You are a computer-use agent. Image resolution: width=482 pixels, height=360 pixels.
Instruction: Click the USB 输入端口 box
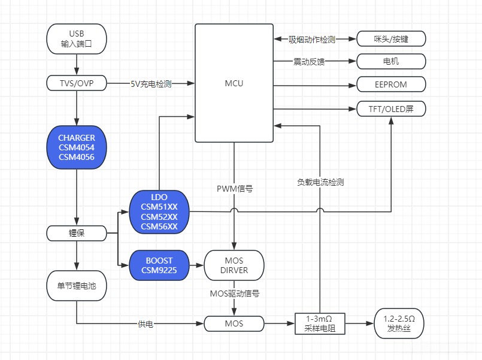pyautogui.click(x=76, y=38)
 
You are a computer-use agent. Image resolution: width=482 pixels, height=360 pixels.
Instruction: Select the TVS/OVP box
pyautogui.click(x=76, y=83)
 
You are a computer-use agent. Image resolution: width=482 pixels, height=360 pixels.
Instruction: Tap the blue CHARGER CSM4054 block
pyautogui.click(x=76, y=147)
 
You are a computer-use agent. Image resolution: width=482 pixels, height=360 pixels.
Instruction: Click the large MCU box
pyautogui.click(x=234, y=83)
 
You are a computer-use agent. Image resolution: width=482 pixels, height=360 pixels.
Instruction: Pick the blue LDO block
pyautogui.click(x=159, y=211)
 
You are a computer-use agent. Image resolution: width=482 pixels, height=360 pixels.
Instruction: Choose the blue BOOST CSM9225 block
pyautogui.click(x=159, y=265)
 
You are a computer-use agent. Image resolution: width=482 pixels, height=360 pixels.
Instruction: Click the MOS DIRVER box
pyautogui.click(x=234, y=265)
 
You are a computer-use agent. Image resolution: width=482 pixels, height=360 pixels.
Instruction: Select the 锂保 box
pyautogui.click(x=76, y=233)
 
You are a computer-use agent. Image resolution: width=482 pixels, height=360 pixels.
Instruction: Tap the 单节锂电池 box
pyautogui.click(x=76, y=286)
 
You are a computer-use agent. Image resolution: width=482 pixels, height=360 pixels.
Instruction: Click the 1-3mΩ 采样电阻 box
pyautogui.click(x=320, y=324)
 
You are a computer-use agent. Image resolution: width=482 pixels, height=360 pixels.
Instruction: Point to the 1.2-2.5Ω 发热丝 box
pyautogui.click(x=399, y=324)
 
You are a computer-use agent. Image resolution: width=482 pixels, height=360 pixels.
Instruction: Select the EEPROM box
pyautogui.click(x=391, y=84)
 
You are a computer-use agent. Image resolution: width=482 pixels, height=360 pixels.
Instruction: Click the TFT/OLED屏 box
pyautogui.click(x=391, y=109)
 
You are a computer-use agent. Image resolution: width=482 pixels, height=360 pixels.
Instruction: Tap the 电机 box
pyautogui.click(x=391, y=61)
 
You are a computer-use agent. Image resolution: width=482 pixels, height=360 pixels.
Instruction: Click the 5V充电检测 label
pyautogui.click(x=150, y=84)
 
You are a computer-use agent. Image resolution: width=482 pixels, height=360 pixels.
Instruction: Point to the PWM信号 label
pyautogui.click(x=234, y=188)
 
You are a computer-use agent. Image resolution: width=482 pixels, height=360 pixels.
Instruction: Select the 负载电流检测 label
pyautogui.click(x=320, y=182)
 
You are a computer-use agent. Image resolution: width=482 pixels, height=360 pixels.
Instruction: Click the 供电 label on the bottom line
pyautogui.click(x=145, y=324)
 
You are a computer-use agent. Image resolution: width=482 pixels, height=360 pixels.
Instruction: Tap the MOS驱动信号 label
pyautogui.click(x=234, y=294)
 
